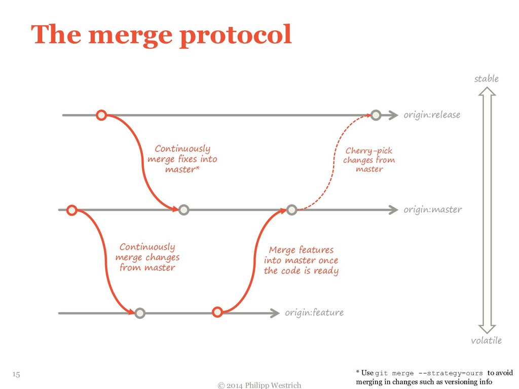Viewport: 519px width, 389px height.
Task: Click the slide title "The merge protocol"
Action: [x=161, y=35]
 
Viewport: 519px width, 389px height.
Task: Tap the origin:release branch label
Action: [x=432, y=115]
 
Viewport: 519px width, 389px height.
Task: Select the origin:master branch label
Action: [x=432, y=209]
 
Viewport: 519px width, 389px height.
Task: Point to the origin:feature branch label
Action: [x=314, y=313]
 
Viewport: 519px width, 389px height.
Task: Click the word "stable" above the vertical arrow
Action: [x=486, y=79]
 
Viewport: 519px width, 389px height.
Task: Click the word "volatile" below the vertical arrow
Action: [x=486, y=340]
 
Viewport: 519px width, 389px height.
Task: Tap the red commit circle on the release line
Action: [x=101, y=115]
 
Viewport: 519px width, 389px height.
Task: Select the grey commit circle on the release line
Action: [x=376, y=115]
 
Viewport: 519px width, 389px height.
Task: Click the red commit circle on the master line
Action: [x=71, y=210]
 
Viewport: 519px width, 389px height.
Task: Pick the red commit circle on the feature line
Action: [x=217, y=312]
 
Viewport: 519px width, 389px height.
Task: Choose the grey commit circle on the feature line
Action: [x=140, y=313]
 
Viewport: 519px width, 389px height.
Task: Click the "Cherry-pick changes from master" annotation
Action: [x=368, y=160]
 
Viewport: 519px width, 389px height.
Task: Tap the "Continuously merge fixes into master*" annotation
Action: [x=182, y=159]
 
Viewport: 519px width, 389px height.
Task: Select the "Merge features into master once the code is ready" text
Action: [x=301, y=260]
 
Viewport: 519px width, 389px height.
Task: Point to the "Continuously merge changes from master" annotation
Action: [x=147, y=257]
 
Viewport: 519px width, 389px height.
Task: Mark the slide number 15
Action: [x=16, y=374]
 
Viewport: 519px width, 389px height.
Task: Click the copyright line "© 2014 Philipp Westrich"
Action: [x=259, y=385]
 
